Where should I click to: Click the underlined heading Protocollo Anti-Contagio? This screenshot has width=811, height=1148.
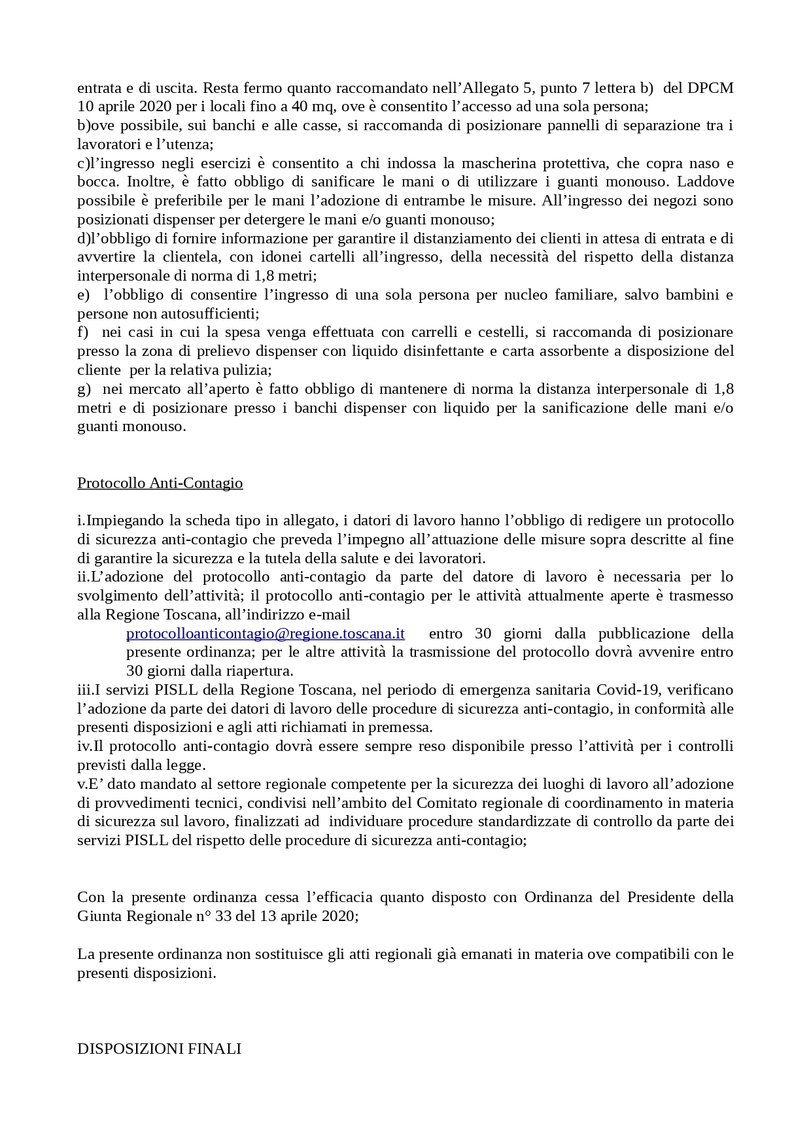pyautogui.click(x=160, y=483)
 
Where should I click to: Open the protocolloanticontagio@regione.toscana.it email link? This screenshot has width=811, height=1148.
pyautogui.click(x=265, y=634)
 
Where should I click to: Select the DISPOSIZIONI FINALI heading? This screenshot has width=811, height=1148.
pyautogui.click(x=159, y=1049)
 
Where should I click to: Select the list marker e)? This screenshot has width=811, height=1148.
pyautogui.click(x=84, y=295)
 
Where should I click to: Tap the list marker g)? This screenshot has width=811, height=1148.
pyautogui.click(x=84, y=389)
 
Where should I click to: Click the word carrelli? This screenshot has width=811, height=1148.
pyautogui.click(x=420, y=332)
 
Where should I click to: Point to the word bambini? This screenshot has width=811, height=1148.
pyautogui.click(x=693, y=295)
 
